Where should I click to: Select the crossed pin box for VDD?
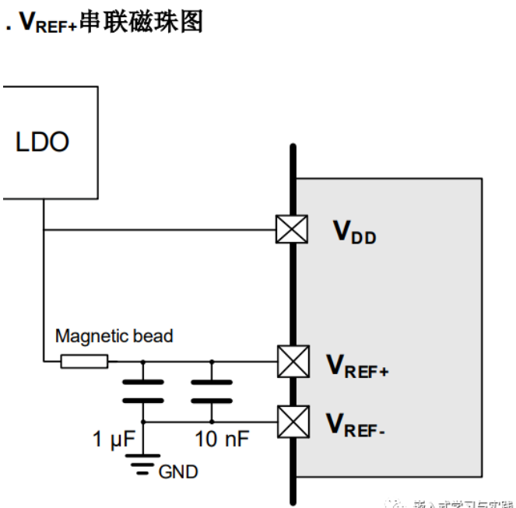point(291,229)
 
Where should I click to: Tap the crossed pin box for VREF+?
point(291,362)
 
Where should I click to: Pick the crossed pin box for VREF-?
point(291,421)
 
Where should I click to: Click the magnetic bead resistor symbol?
point(85,362)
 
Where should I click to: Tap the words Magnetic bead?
point(114,337)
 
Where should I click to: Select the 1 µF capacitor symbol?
point(142,391)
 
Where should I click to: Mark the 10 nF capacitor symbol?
point(212,391)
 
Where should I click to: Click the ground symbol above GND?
point(142,466)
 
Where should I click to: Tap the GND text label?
point(178,471)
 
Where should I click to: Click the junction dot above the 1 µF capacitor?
point(142,362)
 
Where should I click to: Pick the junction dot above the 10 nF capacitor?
point(212,362)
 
